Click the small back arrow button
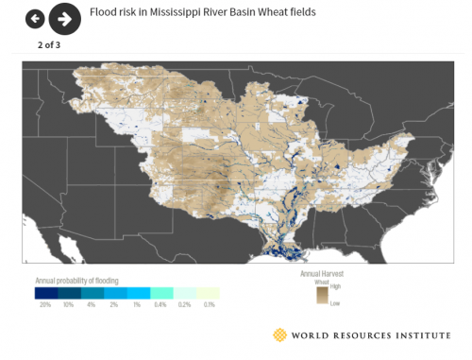coord(35,18)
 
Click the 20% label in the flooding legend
coord(44,305)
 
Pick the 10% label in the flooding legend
coord(68,305)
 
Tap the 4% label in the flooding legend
coord(92,305)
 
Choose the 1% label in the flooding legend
coord(138,305)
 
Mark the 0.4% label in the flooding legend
coord(161,305)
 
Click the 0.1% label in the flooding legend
coord(208,305)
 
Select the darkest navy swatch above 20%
coord(44,293)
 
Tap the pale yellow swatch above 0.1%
coord(208,293)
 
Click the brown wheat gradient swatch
coord(322,294)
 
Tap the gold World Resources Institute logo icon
coord(279,334)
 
